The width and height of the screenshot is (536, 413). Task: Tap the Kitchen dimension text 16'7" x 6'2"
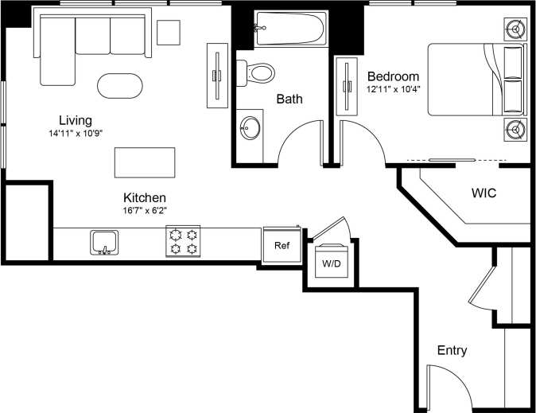coord(144,210)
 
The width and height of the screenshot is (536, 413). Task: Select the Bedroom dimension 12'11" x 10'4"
coord(393,89)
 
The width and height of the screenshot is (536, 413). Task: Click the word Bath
coord(289,99)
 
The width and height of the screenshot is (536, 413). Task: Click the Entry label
coord(452,350)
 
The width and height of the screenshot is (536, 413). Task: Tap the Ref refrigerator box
coord(282,245)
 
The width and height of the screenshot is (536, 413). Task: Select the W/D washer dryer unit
coord(330,262)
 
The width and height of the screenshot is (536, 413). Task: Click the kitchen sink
coord(104,241)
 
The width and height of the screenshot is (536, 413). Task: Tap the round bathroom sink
coord(251,127)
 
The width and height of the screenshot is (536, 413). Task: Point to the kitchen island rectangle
coord(145,162)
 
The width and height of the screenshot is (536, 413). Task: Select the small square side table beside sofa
coord(169,32)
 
